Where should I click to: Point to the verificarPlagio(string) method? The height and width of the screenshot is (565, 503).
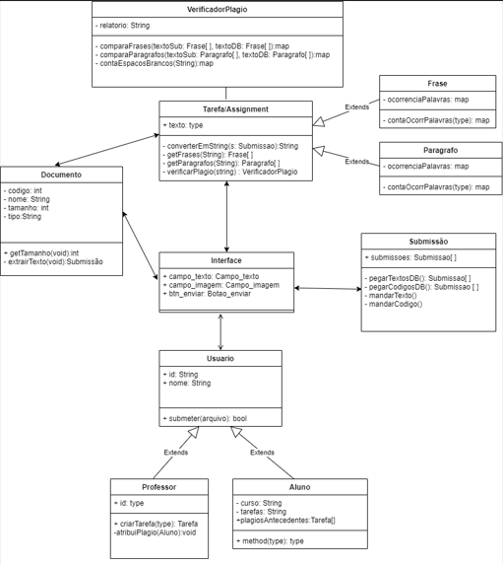point(231,172)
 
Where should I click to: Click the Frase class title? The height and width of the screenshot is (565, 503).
point(437,84)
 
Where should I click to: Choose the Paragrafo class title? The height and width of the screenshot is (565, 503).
point(437,150)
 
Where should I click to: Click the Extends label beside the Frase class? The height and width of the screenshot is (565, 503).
point(356,106)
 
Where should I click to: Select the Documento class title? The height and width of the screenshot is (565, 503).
point(62,175)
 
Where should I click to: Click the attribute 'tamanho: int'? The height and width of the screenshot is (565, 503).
point(29,208)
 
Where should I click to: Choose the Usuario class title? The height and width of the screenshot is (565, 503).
point(220,359)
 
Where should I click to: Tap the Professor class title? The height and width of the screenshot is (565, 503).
point(158,487)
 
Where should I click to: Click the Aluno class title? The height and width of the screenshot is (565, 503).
point(299,487)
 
